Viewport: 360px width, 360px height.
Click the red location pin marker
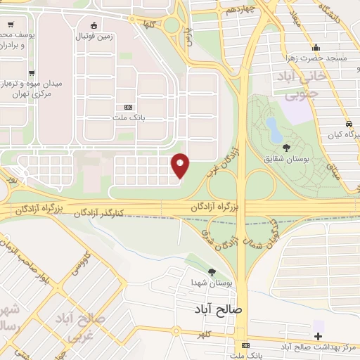pos(181,165)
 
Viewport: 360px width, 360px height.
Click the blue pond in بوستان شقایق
pos(271,126)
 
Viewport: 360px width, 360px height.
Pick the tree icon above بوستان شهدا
pos(212,272)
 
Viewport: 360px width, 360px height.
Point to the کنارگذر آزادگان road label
pos(99,212)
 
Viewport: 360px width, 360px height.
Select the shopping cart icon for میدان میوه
pos(32,73)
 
